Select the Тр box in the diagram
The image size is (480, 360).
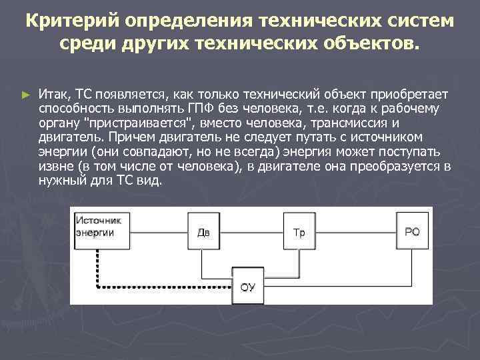tap(299, 232)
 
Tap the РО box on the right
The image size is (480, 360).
tap(413, 231)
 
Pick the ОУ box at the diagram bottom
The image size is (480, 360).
tap(247, 288)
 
